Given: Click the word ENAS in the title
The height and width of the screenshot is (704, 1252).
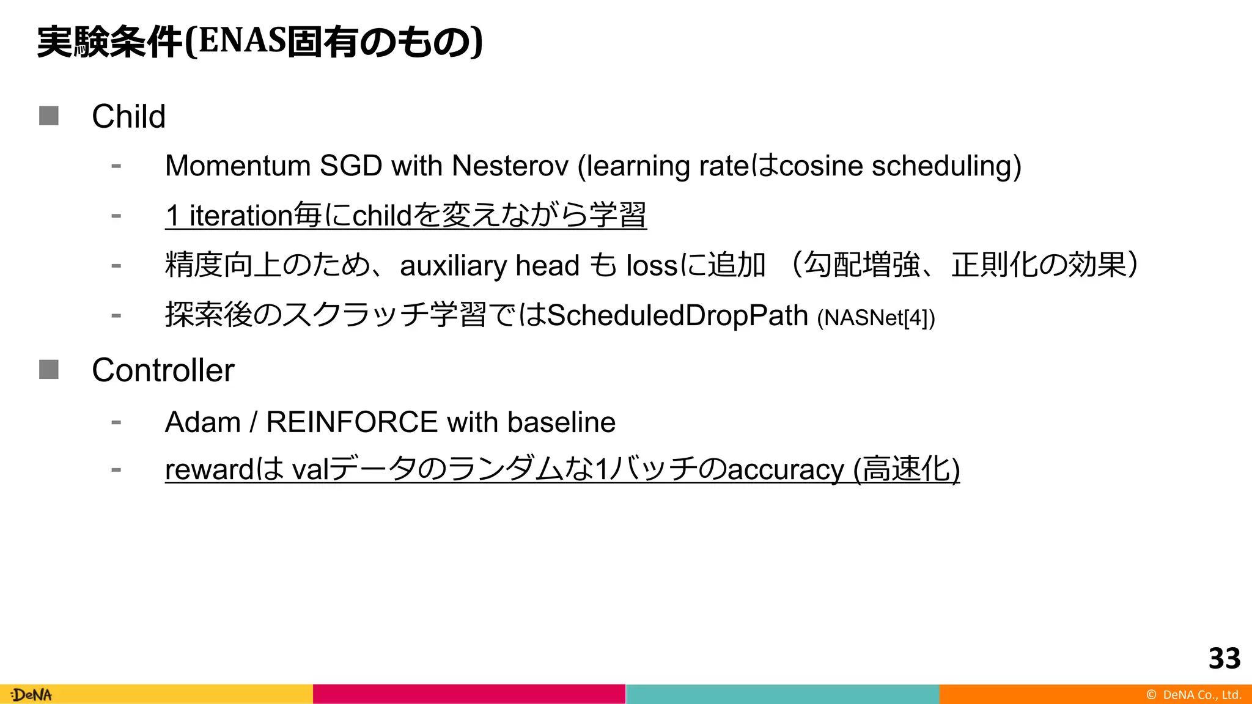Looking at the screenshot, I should (x=242, y=42).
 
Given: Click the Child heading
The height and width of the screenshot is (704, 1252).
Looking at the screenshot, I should (x=128, y=116).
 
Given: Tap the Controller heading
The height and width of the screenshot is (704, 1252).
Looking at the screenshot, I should (x=163, y=370).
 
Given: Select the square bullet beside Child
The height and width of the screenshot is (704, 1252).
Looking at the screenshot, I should (x=49, y=116).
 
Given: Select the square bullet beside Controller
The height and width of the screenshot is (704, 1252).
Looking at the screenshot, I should (x=49, y=369).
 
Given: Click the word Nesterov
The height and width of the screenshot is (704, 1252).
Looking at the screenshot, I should (x=510, y=166).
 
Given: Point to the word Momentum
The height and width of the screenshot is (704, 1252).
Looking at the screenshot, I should (x=238, y=166).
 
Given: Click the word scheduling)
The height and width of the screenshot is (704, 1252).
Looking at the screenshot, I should (x=946, y=166).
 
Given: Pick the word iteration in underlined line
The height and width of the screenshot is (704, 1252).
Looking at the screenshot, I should (x=241, y=216).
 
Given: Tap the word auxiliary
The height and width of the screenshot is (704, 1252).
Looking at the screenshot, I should (x=453, y=266).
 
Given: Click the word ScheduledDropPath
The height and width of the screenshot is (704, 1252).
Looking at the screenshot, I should (x=677, y=316).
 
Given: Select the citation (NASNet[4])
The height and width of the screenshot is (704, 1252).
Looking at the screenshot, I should (x=875, y=318).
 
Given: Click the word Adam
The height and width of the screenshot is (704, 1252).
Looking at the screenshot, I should (x=202, y=422).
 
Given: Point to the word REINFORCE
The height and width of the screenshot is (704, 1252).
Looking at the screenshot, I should (x=352, y=422).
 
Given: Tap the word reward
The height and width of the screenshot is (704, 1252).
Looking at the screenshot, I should (x=209, y=470).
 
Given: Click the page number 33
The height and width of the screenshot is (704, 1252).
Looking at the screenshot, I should (x=1224, y=658).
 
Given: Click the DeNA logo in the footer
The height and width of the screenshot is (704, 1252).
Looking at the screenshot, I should (x=32, y=695).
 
